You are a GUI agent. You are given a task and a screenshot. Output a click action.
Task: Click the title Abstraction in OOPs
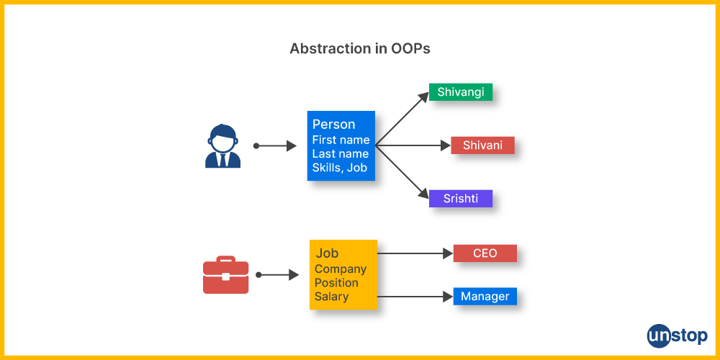pyautogui.click(x=359, y=49)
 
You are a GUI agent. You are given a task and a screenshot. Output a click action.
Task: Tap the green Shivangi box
pyautogui.click(x=461, y=92)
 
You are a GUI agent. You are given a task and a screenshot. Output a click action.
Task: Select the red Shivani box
pyautogui.click(x=482, y=145)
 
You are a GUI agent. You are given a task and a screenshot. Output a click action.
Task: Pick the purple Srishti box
pyautogui.click(x=461, y=199)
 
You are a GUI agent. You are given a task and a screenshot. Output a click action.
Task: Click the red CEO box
pyautogui.click(x=485, y=253)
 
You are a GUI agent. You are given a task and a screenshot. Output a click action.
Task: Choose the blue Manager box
pyautogui.click(x=485, y=296)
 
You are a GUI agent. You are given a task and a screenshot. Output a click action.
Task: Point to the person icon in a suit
pyautogui.click(x=222, y=145)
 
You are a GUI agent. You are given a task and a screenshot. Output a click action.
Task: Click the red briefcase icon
pyautogui.click(x=225, y=274)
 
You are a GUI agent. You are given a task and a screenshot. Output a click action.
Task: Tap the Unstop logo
pyautogui.click(x=678, y=336)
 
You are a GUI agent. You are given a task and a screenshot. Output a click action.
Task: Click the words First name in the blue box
pyautogui.click(x=341, y=140)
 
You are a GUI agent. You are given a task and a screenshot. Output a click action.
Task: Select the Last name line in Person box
pyautogui.click(x=341, y=153)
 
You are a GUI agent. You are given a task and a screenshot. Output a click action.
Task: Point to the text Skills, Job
pyautogui.click(x=340, y=168)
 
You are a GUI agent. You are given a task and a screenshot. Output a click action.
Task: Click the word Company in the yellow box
pyautogui.click(x=341, y=269)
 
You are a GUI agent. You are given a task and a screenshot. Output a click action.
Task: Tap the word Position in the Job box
pyautogui.click(x=336, y=282)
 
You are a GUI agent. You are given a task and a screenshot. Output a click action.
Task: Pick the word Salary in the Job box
pyautogui.click(x=331, y=296)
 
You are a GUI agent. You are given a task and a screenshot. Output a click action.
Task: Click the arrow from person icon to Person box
pyautogui.click(x=274, y=146)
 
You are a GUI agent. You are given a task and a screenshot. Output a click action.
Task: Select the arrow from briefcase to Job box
pyautogui.click(x=277, y=275)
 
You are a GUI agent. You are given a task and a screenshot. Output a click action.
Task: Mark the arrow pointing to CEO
pyautogui.click(x=415, y=253)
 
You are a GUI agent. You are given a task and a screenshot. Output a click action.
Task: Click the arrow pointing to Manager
pyautogui.click(x=415, y=297)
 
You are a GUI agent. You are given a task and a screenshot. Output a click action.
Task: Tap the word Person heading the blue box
pyautogui.click(x=334, y=125)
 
